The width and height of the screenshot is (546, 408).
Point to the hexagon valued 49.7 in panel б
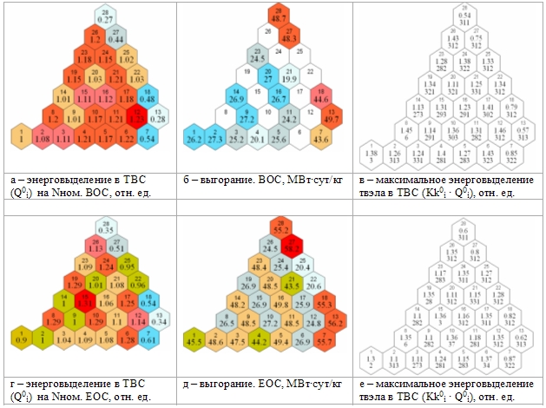(x=331, y=115)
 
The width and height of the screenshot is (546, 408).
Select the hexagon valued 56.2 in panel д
(x=331, y=320)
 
